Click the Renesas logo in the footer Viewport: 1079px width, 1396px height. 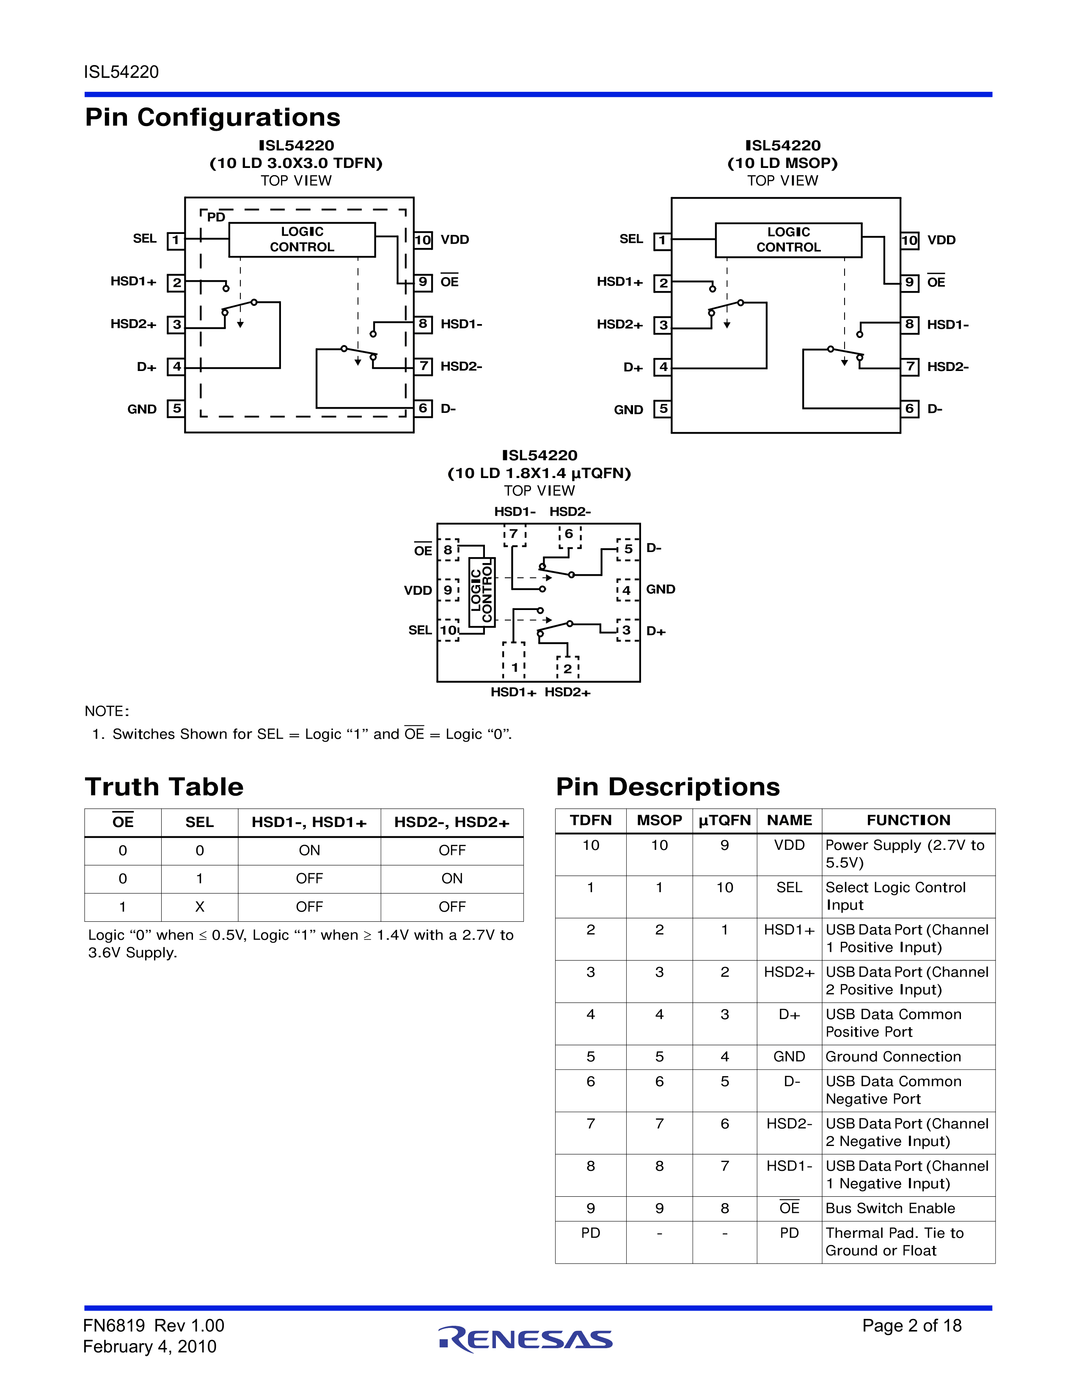point(526,1339)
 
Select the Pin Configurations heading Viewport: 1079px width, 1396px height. point(212,118)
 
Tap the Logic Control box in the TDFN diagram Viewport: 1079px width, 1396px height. point(302,240)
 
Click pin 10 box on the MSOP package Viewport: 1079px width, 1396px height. point(910,240)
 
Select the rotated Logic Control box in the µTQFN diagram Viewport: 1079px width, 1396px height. point(482,590)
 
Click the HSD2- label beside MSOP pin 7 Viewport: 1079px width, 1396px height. point(947,367)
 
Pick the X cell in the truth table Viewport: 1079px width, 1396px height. point(199,907)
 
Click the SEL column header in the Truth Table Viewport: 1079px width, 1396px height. point(199,822)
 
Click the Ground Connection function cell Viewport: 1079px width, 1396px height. point(893,1057)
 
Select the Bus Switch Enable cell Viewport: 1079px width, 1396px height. point(890,1208)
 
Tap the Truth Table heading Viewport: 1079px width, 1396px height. point(164,787)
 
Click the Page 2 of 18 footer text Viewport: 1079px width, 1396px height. point(911,1326)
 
